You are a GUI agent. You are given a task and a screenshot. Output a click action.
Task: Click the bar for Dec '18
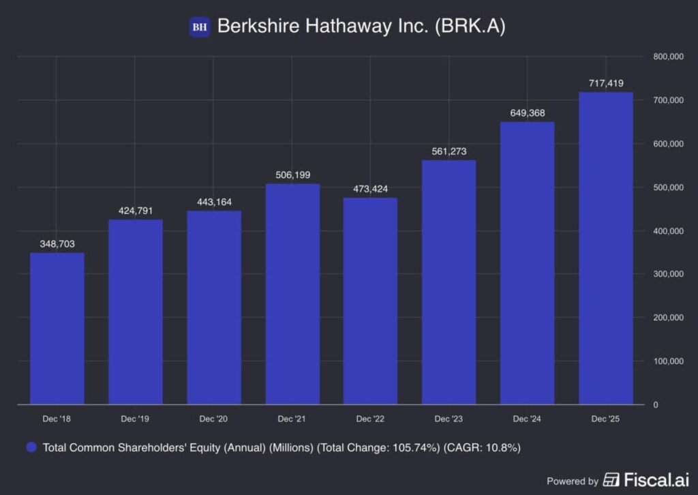57,329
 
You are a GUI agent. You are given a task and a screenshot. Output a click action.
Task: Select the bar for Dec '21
292,294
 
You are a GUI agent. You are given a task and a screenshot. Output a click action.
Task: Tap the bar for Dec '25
605,248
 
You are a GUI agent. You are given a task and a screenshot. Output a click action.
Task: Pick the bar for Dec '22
370,301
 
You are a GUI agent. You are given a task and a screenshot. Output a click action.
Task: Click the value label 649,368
527,113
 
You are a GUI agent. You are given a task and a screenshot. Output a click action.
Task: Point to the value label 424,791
135,211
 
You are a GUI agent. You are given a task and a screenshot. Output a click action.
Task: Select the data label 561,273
449,151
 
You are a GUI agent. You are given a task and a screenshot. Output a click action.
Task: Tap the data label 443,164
213,202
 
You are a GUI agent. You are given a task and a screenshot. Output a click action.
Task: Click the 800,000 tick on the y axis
668,57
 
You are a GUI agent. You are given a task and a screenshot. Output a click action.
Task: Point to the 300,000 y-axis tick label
668,274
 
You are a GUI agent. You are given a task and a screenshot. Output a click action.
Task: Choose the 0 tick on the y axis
656,405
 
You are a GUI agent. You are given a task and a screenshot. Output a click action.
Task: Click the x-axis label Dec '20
213,419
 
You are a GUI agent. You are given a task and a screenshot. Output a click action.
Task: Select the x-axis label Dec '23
449,419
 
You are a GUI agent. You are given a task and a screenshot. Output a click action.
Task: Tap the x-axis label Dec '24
527,419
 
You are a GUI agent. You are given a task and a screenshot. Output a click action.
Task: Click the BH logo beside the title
200,27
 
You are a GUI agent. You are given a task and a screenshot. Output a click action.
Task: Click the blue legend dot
31,448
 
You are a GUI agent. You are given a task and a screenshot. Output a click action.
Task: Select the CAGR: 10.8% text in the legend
485,448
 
